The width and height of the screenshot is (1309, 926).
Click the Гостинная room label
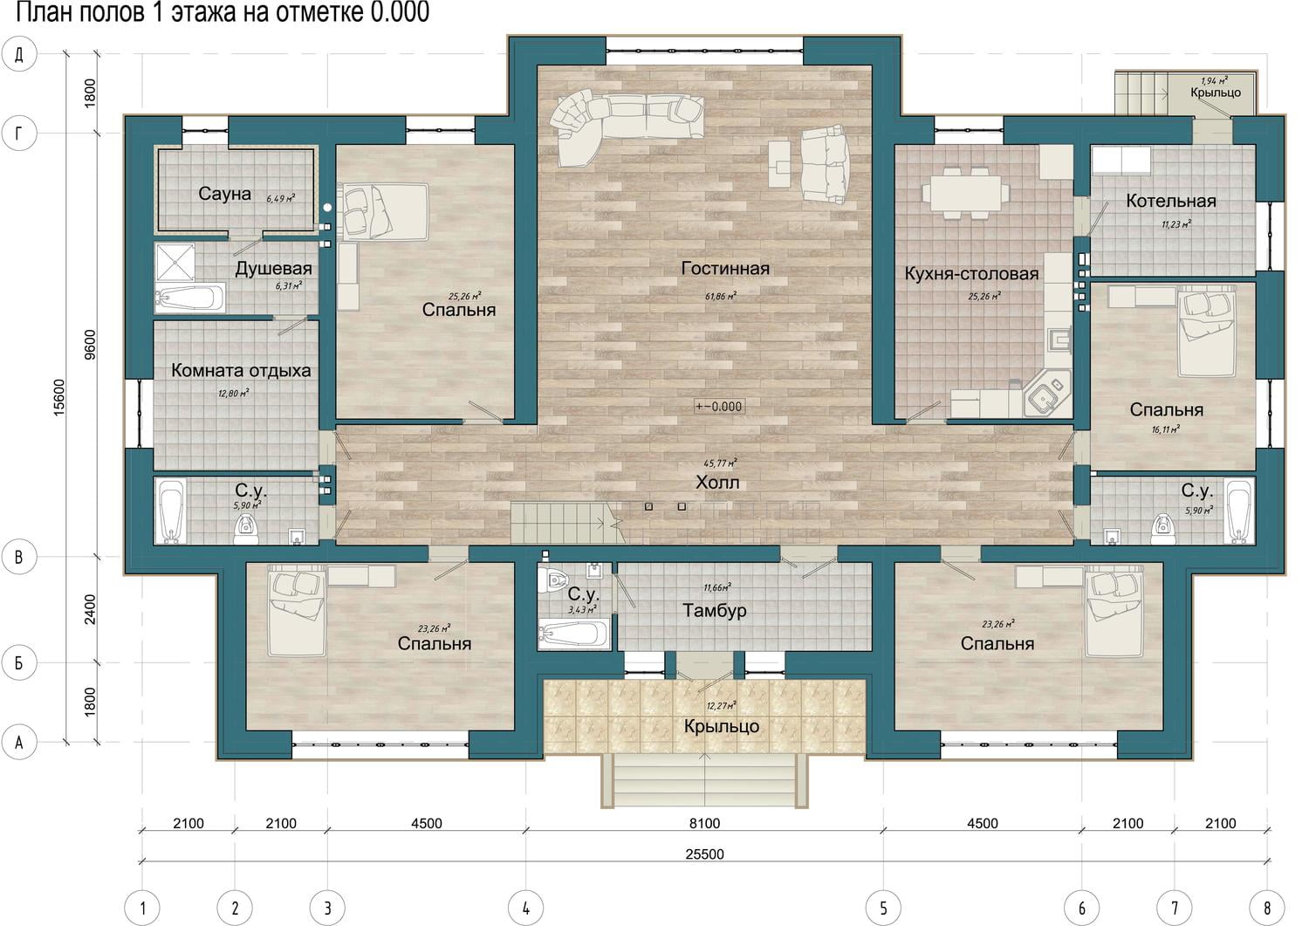point(725,268)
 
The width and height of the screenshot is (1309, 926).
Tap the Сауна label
point(224,194)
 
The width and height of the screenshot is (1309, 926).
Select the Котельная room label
point(1171,201)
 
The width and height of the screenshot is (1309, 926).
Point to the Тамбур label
point(715,611)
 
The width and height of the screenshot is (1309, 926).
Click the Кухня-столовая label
point(971,273)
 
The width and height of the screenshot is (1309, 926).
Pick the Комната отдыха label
point(241,371)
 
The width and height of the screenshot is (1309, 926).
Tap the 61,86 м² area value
point(721,297)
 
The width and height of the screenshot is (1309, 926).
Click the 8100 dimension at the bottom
point(704,824)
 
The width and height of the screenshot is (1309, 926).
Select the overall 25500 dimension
point(704,854)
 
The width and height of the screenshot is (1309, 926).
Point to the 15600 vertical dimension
point(59,397)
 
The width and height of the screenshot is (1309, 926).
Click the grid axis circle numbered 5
point(883,908)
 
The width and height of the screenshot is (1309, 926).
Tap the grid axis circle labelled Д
point(19,54)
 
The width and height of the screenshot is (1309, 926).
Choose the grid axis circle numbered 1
point(142,908)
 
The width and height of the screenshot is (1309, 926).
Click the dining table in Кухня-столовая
point(966,192)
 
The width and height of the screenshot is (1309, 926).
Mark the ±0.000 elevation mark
point(719,407)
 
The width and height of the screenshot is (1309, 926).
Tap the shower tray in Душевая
point(175,263)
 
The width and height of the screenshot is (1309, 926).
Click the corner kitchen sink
point(1048,394)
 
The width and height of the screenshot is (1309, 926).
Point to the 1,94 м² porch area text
point(1215,80)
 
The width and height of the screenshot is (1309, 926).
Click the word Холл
point(717,483)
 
